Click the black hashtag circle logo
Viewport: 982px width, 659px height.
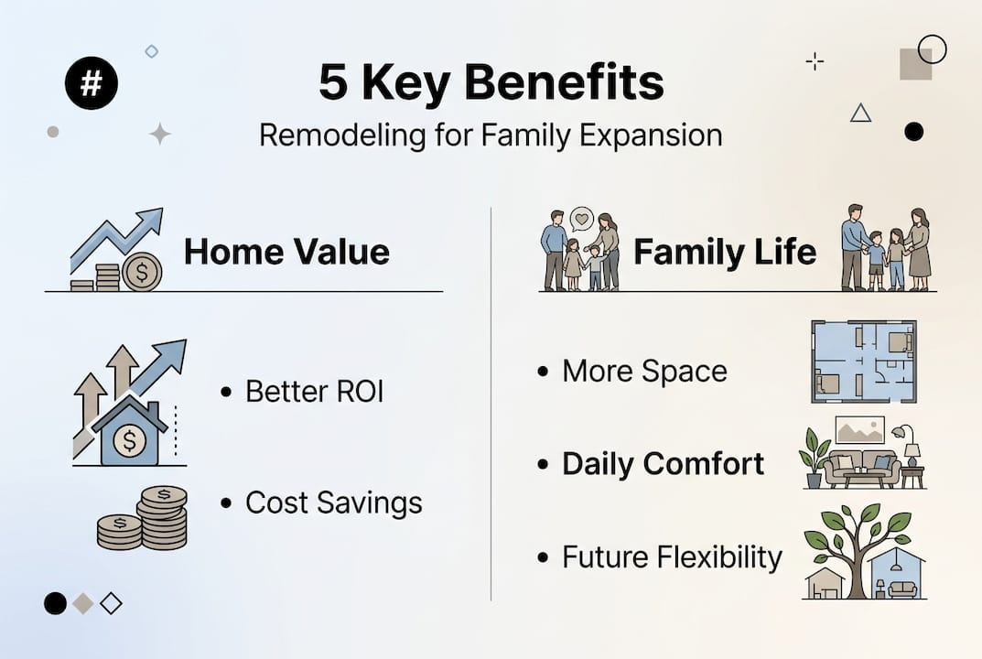(92, 84)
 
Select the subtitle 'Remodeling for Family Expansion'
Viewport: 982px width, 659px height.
(491, 135)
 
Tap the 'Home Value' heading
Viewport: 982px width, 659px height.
(286, 252)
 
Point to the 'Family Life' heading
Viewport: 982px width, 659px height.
(725, 252)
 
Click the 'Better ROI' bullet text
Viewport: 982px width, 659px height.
(314, 392)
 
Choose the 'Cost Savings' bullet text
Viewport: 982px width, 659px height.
(333, 502)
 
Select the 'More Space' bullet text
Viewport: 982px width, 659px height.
(644, 372)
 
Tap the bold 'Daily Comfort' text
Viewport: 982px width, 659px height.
(663, 464)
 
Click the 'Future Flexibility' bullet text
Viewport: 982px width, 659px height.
(672, 557)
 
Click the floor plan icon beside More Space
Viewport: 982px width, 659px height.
(863, 362)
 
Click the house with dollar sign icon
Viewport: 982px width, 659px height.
(129, 435)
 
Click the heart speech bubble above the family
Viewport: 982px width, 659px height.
(581, 218)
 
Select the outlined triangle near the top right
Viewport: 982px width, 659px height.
(860, 113)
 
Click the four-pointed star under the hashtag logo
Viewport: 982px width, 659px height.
(160, 135)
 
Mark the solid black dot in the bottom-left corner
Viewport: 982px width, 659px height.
(55, 603)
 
